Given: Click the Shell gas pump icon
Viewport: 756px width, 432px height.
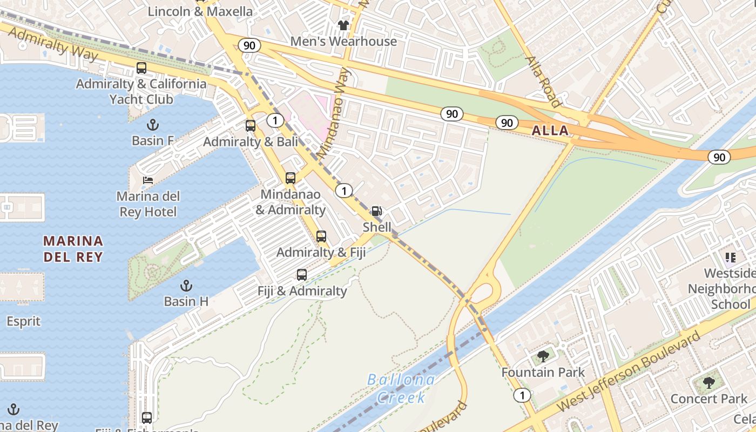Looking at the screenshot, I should pyautogui.click(x=376, y=211).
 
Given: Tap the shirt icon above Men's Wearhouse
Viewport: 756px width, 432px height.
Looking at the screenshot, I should pyautogui.click(x=343, y=25).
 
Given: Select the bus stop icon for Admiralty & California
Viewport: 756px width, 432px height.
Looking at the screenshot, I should pyautogui.click(x=141, y=68).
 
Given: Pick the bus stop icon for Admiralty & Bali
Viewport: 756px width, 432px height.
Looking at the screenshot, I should pyautogui.click(x=251, y=126).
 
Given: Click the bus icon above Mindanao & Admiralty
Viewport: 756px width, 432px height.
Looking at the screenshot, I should pyautogui.click(x=291, y=178).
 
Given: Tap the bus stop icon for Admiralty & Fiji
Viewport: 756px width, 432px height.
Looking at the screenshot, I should pyautogui.click(x=321, y=237).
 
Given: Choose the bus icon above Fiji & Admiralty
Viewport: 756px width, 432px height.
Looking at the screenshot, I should pyautogui.click(x=302, y=275).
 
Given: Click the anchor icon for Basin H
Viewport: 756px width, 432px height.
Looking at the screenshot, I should pyautogui.click(x=186, y=285).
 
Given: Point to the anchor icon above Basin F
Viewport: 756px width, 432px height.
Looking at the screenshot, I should pyautogui.click(x=153, y=125).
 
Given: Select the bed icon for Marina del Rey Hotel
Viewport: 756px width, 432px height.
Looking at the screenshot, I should pyautogui.click(x=148, y=180).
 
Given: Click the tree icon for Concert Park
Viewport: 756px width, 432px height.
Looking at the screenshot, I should pyautogui.click(x=709, y=383).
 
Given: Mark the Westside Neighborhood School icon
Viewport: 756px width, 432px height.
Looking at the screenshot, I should pyautogui.click(x=731, y=258).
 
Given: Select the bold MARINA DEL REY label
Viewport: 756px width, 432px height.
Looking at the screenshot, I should pyautogui.click(x=73, y=248).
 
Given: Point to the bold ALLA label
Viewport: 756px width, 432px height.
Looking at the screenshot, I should pyautogui.click(x=550, y=130).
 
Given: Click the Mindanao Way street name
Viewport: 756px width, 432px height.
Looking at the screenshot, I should pyautogui.click(x=335, y=113).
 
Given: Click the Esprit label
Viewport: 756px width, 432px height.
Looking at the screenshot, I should pyautogui.click(x=23, y=321).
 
